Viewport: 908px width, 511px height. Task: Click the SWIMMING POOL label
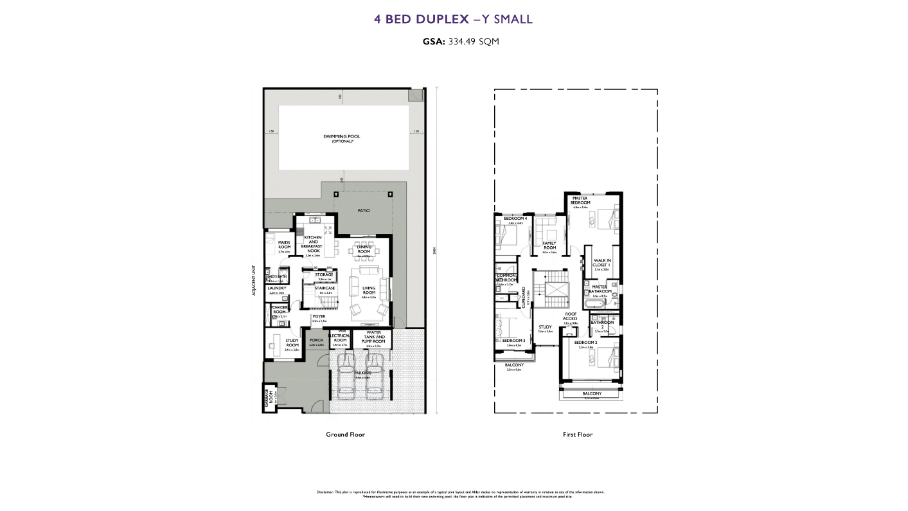pyautogui.click(x=343, y=137)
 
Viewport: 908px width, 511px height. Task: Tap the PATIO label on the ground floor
pyautogui.click(x=363, y=211)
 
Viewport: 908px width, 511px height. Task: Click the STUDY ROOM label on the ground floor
pyautogui.click(x=292, y=343)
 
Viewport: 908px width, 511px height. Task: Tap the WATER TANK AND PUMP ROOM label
pyautogui.click(x=373, y=337)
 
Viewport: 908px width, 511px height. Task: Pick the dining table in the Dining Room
pyautogui.click(x=364, y=251)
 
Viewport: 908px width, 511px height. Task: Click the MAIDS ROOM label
pyautogui.click(x=284, y=244)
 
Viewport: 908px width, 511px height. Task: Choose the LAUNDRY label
pyautogui.click(x=277, y=289)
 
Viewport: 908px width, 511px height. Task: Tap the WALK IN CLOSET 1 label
pyautogui.click(x=601, y=262)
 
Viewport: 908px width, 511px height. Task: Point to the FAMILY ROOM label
pyautogui.click(x=549, y=246)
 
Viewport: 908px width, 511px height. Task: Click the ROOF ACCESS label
pyautogui.click(x=570, y=317)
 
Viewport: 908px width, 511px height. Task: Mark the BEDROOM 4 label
pyautogui.click(x=515, y=219)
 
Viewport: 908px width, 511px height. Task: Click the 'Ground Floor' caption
pyautogui.click(x=345, y=435)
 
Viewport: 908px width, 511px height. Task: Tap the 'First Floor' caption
pyautogui.click(x=577, y=435)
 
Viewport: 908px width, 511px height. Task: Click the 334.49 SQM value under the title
pyautogui.click(x=470, y=41)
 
